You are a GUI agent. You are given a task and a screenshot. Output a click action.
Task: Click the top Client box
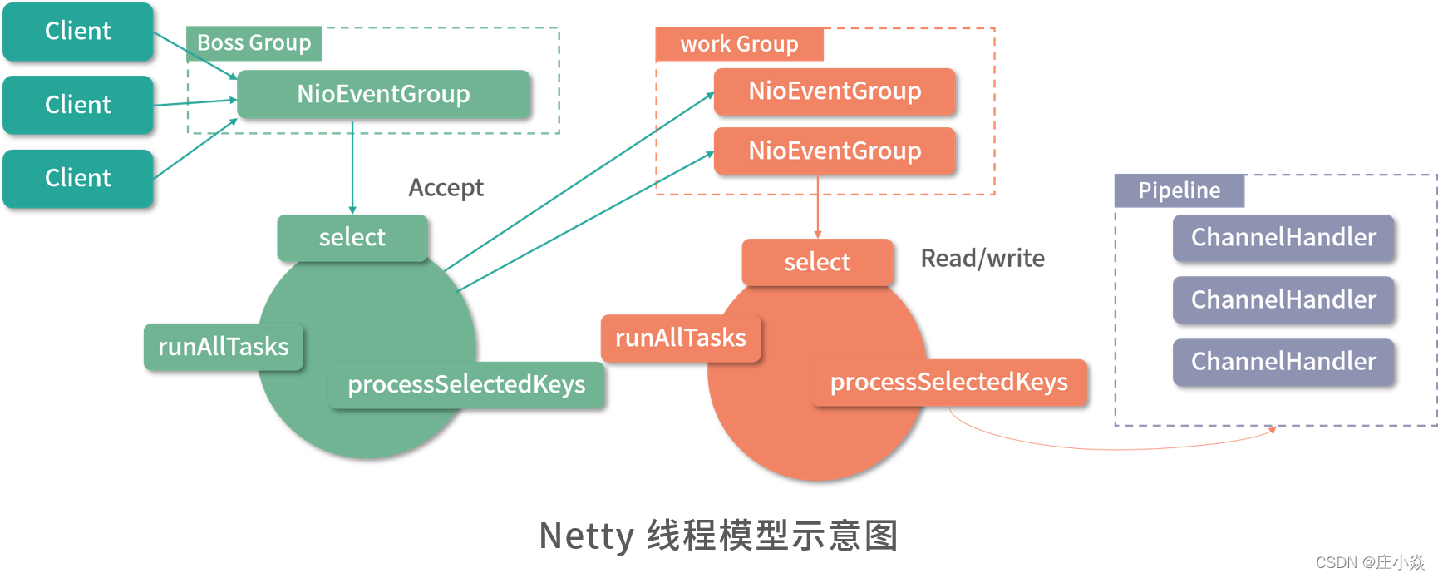tap(78, 32)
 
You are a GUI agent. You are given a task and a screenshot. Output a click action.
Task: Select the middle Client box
tap(78, 105)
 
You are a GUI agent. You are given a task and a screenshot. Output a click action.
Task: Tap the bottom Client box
tap(78, 178)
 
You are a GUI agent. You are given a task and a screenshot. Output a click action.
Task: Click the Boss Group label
tap(254, 43)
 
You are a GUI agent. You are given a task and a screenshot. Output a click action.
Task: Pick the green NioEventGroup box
tap(383, 94)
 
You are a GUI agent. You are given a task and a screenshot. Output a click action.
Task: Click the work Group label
tap(739, 44)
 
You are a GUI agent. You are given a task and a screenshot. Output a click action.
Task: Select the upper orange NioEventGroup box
tap(835, 91)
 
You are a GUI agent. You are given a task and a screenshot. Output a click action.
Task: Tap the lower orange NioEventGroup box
tap(835, 151)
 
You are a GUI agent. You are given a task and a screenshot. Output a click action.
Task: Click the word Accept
tap(446, 188)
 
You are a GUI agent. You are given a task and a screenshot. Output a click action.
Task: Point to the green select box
tap(352, 238)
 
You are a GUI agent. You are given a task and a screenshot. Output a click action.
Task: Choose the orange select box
tap(817, 262)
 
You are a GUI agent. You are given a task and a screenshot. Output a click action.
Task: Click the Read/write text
tap(982, 259)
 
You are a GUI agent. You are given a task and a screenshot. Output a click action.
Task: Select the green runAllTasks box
tap(223, 347)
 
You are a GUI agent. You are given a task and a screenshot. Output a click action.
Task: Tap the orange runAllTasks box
tap(680, 338)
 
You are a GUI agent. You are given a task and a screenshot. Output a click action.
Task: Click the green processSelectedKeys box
tap(466, 384)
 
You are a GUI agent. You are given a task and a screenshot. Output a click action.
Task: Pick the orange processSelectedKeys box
tap(948, 382)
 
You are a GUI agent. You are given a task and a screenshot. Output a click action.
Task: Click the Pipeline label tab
tap(1179, 190)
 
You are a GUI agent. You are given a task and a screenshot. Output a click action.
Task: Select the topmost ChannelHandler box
tap(1283, 238)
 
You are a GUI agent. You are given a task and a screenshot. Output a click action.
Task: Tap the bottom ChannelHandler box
tap(1283, 362)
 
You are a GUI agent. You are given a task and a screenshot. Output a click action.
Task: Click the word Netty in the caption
tap(586, 536)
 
